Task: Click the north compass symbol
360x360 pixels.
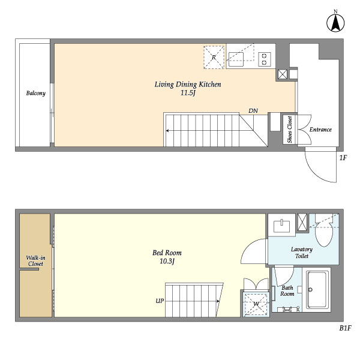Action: pos(335,22)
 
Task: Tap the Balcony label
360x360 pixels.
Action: pos(35,93)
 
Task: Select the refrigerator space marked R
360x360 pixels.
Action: pos(214,57)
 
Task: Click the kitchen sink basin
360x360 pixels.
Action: pos(236,59)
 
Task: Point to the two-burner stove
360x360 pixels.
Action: pos(264,59)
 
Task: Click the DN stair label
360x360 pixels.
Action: pos(253,110)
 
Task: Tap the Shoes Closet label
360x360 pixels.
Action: pos(290,129)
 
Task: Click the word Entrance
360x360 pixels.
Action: pos(320,130)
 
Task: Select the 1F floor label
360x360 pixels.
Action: pos(343,158)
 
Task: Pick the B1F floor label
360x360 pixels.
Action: pos(345,328)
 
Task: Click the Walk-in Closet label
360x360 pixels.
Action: pos(35,261)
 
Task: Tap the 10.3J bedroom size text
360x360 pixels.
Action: pos(167,261)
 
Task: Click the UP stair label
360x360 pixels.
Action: pos(160,301)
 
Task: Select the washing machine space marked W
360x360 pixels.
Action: pos(256,304)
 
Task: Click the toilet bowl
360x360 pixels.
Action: pos(324,234)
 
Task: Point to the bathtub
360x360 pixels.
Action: pos(317,290)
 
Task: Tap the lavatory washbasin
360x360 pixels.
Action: pos(282,226)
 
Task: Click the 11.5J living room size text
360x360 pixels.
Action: pos(188,93)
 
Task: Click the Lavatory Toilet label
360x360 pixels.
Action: pos(302,253)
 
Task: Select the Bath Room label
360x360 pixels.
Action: pos(287,290)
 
